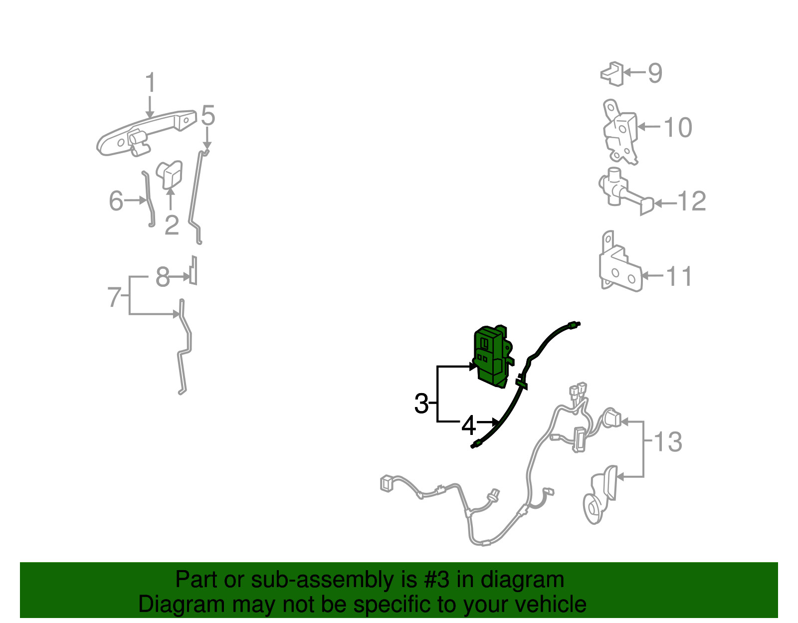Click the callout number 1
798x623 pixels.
[151, 82]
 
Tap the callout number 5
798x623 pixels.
[208, 115]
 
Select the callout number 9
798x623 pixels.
[655, 73]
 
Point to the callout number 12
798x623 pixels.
[691, 201]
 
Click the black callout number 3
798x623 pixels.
[421, 403]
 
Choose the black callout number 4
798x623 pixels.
[469, 426]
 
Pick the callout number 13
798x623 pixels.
[668, 441]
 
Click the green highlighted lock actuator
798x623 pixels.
[493, 357]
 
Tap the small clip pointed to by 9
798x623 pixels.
[612, 74]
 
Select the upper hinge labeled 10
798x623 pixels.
[620, 132]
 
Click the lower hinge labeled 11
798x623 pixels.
[620, 263]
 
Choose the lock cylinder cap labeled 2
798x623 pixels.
[169, 175]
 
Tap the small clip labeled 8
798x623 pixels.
[194, 270]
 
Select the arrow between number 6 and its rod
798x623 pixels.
[136, 200]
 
